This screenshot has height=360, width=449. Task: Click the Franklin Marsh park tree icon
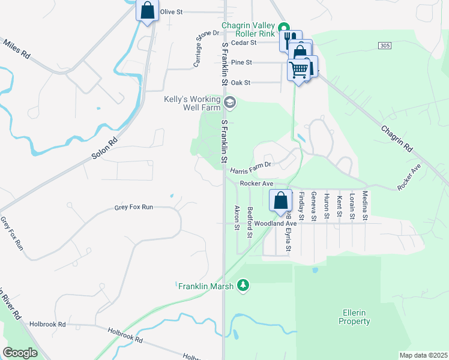point(243,286)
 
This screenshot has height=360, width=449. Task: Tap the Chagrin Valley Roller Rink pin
point(285,27)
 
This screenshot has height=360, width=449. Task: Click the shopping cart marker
point(298,70)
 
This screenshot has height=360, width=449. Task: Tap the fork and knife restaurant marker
point(289,40)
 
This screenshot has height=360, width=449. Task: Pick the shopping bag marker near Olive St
point(147,11)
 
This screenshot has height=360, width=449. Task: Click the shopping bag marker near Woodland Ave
point(280,200)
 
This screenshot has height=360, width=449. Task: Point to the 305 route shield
point(385,46)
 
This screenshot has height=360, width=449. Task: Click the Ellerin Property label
point(354,317)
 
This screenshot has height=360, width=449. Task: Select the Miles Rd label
point(16,49)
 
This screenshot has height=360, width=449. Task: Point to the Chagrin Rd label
point(397,137)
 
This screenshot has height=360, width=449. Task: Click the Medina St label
point(365,204)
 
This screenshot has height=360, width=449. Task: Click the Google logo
point(20,353)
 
